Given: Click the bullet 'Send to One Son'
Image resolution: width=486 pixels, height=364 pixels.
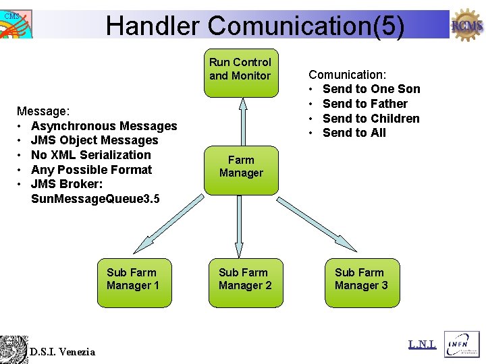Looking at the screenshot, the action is click(371, 89).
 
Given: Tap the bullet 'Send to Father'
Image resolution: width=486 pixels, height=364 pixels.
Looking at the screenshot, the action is click(364, 104).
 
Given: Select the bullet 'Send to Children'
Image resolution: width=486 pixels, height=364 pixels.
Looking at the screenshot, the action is click(371, 119).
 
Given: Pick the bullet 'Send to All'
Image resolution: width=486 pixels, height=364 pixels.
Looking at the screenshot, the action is click(354, 133).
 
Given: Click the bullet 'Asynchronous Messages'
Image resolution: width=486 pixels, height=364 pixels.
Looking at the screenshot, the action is click(104, 126).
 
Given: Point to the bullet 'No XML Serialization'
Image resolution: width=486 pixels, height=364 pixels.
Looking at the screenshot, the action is click(91, 155).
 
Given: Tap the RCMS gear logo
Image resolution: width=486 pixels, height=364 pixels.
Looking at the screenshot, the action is click(467, 26).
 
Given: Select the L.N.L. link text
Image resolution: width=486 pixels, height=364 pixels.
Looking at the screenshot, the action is click(423, 345).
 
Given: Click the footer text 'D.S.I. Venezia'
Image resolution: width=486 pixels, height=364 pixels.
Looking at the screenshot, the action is click(62, 352).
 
